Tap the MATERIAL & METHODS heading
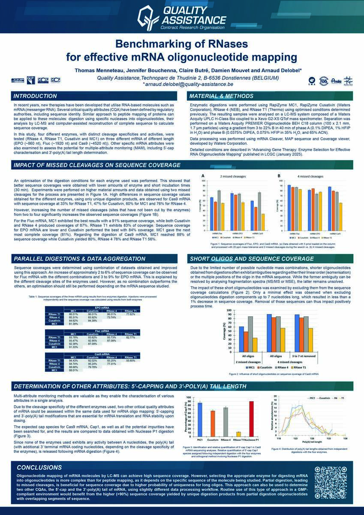221,96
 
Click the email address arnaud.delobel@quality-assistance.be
182,85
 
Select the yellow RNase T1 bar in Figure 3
238,433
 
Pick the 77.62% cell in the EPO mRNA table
129,314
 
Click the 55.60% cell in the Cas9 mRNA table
129,360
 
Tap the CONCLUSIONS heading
39,467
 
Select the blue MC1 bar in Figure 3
199,419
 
